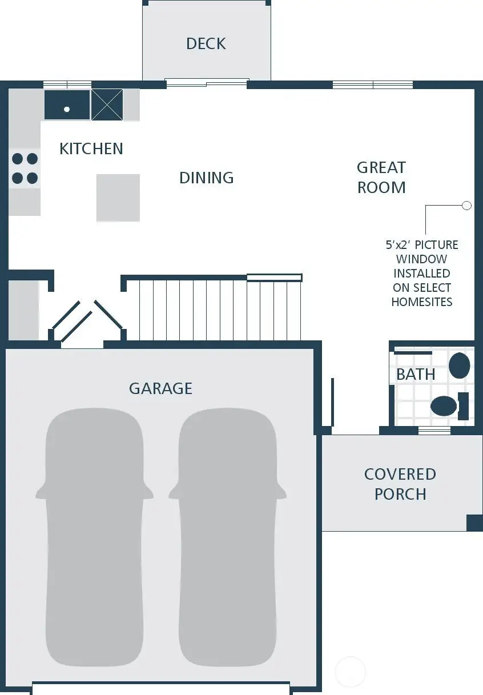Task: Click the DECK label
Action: (x=206, y=43)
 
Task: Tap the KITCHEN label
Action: (x=91, y=148)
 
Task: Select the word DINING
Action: (x=206, y=178)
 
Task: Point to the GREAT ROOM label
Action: (x=381, y=178)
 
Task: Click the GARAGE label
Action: (x=160, y=388)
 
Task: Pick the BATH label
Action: (x=416, y=375)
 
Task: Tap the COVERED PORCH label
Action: (x=400, y=484)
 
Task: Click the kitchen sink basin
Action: (x=67, y=105)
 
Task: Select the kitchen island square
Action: (x=118, y=198)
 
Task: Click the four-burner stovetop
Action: (x=25, y=168)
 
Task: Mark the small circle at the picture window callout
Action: (x=466, y=206)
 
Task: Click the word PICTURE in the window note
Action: (x=436, y=245)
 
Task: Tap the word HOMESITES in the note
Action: (x=422, y=302)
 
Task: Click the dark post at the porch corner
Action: (x=474, y=523)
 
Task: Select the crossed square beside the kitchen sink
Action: (x=107, y=105)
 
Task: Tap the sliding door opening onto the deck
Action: (x=207, y=83)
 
